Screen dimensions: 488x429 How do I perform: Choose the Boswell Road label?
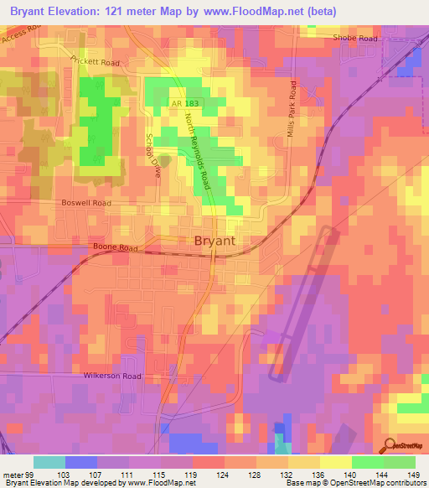pos(85,203)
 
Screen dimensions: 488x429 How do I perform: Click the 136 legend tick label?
pos(318,475)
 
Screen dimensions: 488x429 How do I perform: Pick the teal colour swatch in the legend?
pos(49,462)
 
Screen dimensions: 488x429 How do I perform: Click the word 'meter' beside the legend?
pos(10,475)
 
